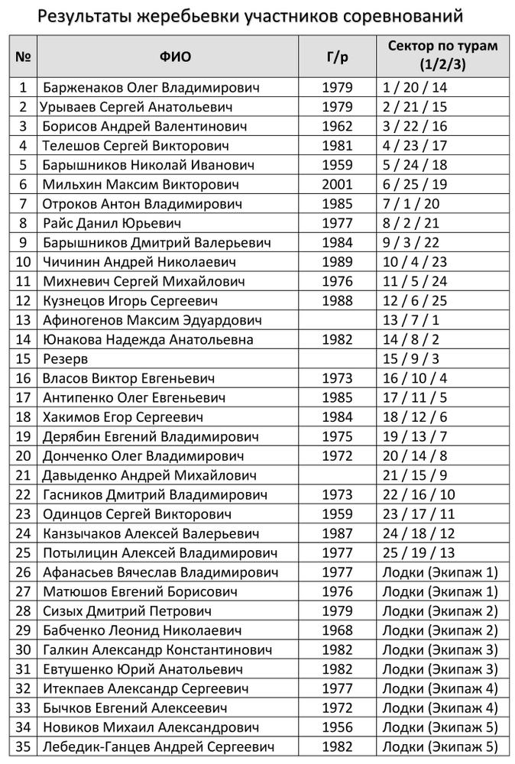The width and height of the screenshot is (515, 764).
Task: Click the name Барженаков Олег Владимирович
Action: tap(151, 88)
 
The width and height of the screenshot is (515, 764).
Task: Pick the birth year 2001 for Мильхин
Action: tap(338, 185)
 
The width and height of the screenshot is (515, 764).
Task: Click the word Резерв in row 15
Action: tap(66, 359)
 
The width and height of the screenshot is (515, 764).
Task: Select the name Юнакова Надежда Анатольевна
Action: tap(148, 339)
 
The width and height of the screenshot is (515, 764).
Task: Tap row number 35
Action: tap(24, 746)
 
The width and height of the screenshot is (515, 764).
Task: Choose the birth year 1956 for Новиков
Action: tap(338, 727)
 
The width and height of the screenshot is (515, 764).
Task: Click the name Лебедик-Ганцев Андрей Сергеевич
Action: tap(158, 746)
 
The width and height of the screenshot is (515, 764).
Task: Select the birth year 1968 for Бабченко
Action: tap(338, 630)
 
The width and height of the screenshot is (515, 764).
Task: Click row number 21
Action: tap(24, 475)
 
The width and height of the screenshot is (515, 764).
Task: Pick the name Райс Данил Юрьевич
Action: tap(112, 223)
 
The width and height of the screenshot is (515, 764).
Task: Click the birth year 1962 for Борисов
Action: tap(338, 127)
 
